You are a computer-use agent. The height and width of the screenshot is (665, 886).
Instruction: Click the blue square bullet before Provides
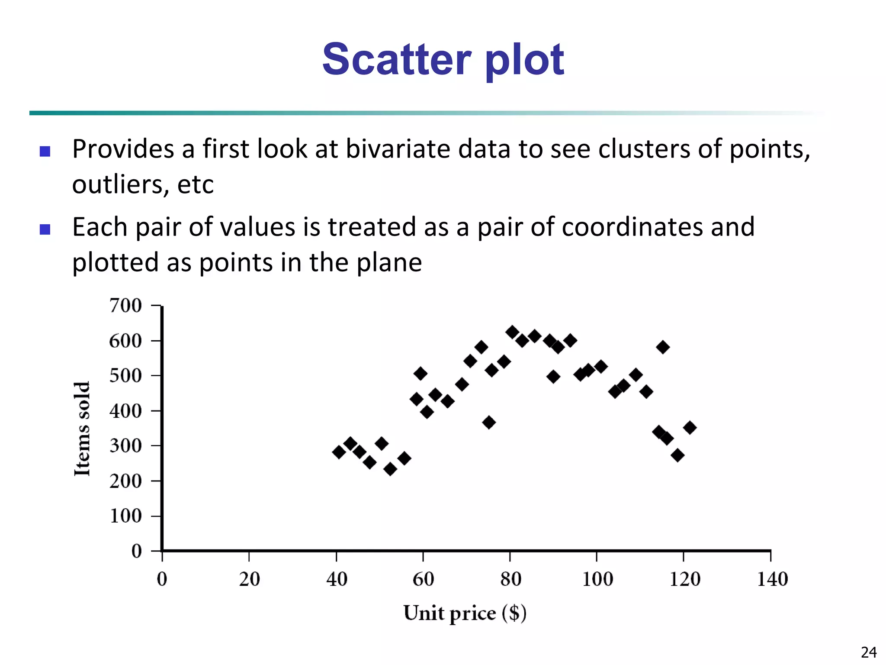(x=45, y=151)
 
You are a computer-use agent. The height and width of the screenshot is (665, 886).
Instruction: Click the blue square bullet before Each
(x=45, y=229)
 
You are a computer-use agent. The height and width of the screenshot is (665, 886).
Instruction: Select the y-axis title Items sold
(x=82, y=429)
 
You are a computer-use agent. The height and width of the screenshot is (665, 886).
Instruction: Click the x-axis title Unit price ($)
(x=465, y=613)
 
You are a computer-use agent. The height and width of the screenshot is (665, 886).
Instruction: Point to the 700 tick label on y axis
(x=125, y=306)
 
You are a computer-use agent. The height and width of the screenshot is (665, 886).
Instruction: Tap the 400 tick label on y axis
(x=125, y=411)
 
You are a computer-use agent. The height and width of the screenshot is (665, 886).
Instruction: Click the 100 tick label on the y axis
(x=125, y=516)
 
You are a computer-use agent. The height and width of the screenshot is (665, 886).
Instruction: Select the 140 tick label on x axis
(x=772, y=579)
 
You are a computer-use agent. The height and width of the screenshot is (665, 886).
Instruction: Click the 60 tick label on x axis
(x=423, y=579)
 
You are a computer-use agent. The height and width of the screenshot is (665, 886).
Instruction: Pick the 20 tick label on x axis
(x=249, y=579)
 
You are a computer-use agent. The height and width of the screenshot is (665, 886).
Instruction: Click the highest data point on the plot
(x=512, y=332)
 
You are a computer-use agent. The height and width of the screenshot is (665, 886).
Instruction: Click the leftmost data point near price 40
(x=339, y=452)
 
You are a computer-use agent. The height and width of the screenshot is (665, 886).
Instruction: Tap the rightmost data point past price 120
(x=690, y=428)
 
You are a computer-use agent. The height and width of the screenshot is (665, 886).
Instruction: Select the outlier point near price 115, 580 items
(x=663, y=347)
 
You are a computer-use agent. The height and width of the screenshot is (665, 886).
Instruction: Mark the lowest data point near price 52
(x=390, y=469)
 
